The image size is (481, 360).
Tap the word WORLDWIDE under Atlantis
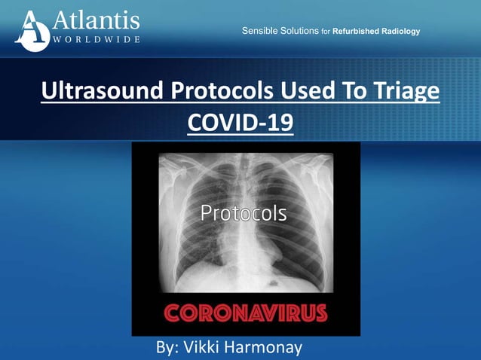(96, 39)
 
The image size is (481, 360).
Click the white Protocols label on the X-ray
(243, 213)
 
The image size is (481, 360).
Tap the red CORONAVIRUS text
(247, 313)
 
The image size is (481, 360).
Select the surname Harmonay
(274, 347)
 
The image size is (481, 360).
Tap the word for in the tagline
(326, 32)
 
